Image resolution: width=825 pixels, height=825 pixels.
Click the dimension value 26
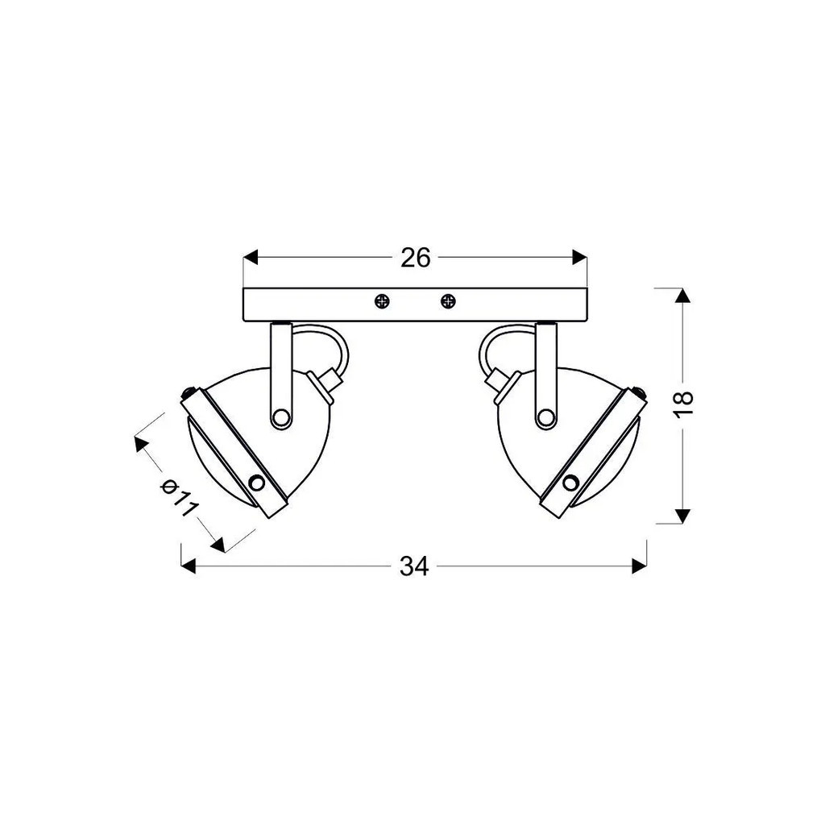click(416, 258)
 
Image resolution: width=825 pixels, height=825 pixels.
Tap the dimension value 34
click(415, 566)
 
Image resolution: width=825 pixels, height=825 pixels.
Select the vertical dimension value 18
click(683, 404)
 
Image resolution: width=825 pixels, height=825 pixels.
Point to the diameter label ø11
click(180, 498)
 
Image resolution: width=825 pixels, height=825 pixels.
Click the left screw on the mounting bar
click(383, 301)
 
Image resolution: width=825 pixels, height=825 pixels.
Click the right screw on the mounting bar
click(448, 301)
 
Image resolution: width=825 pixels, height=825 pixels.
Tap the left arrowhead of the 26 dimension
click(251, 258)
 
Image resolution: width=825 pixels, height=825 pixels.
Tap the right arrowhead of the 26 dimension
click(579, 258)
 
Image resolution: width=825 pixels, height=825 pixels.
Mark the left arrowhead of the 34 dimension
click(189, 566)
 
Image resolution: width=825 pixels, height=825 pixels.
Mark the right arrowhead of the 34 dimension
click(639, 566)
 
